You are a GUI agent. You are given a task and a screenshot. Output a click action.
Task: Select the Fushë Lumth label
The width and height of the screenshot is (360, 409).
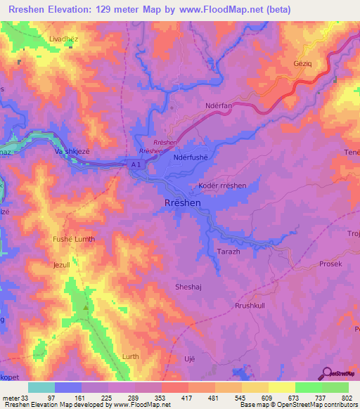[x=74, y=240]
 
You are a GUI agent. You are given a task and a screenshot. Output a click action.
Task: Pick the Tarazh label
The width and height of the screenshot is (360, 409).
[x=229, y=251]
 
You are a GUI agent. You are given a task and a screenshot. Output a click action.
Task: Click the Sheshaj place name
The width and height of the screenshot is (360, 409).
[x=188, y=287]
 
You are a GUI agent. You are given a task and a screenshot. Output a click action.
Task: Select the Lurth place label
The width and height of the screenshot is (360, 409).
[x=131, y=358]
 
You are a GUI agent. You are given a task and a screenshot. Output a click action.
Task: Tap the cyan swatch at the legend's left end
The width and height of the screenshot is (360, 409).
[x=41, y=387]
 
